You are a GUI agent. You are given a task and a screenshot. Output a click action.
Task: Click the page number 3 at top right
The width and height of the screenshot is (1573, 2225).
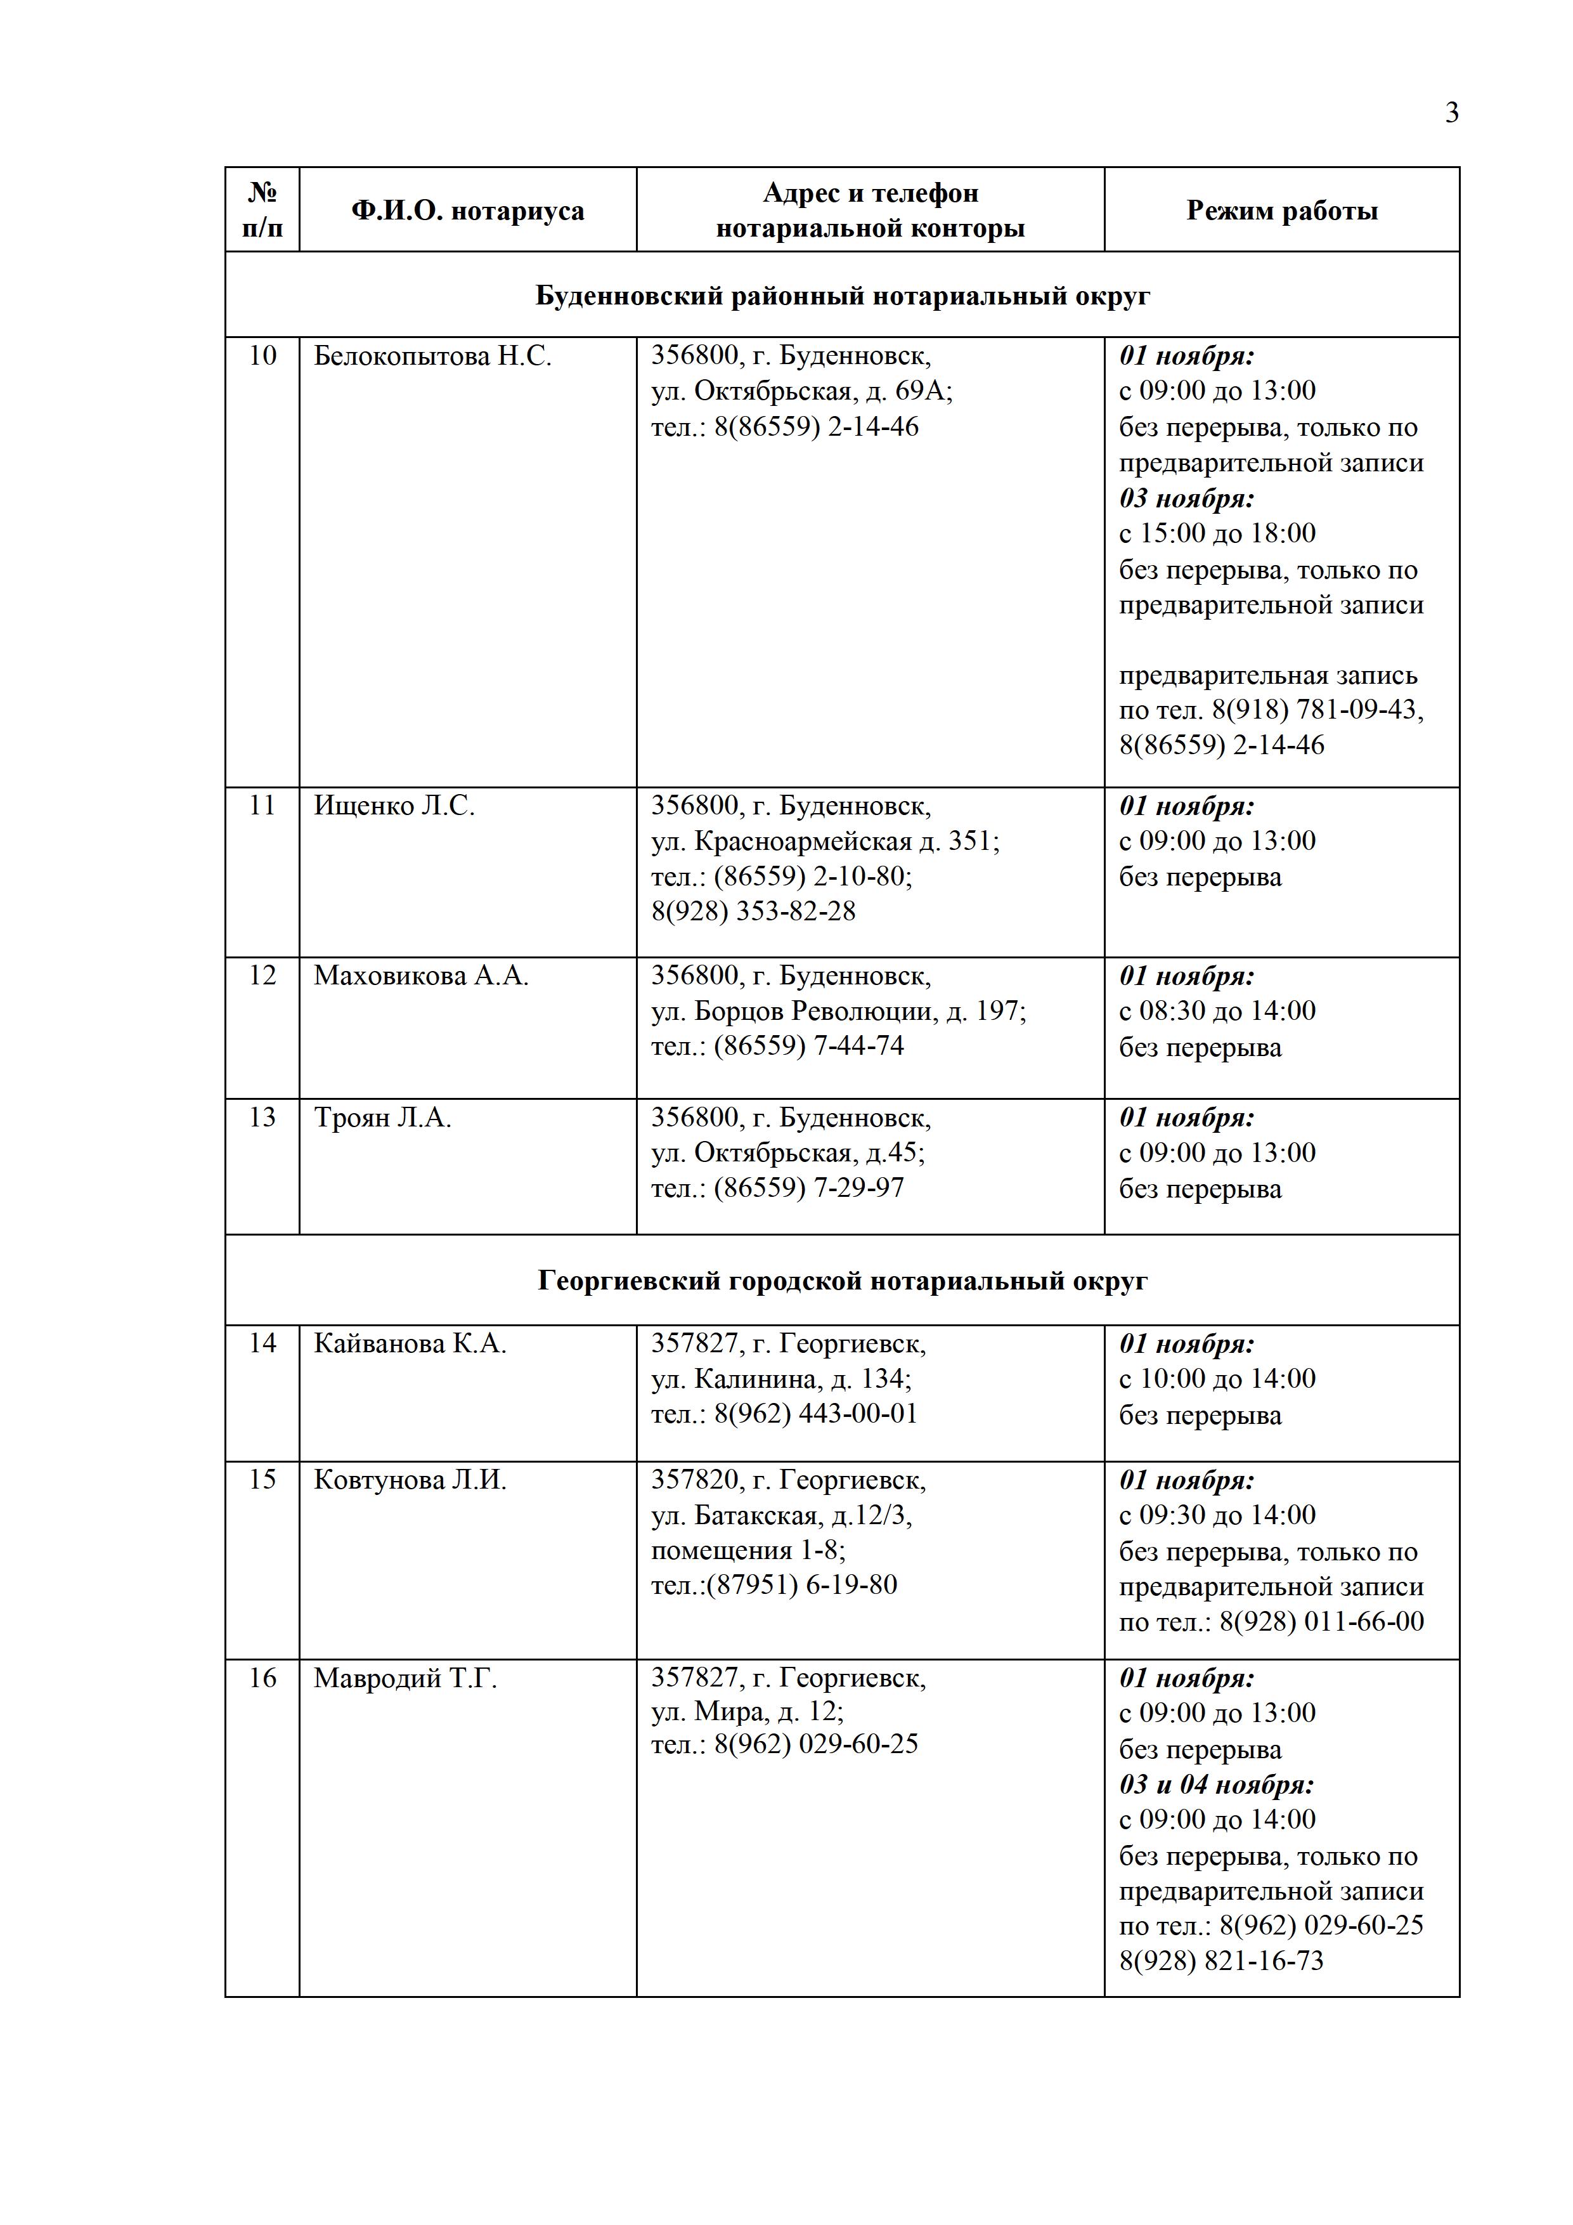pos(1451,114)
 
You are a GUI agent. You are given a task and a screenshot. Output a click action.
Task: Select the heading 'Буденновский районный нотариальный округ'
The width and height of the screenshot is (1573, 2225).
pos(842,296)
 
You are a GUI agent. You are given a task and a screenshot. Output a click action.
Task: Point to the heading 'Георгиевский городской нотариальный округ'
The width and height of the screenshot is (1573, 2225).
pos(842,1281)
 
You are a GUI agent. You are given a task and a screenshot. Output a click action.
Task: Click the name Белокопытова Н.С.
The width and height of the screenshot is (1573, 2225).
pos(432,356)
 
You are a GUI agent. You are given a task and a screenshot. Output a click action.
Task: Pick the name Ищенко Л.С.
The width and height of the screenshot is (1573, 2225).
pos(394,806)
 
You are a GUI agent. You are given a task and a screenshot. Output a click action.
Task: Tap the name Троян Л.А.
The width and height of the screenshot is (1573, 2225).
pos(382,1118)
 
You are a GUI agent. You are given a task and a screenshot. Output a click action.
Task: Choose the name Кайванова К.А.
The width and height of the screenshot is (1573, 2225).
pos(410,1344)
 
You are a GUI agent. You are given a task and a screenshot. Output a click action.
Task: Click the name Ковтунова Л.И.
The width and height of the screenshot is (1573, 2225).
pos(410,1481)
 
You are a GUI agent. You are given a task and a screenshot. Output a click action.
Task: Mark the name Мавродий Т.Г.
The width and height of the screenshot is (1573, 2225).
pos(405,1678)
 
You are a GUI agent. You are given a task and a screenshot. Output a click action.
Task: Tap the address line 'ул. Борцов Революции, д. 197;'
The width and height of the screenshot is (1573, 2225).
pos(838,1012)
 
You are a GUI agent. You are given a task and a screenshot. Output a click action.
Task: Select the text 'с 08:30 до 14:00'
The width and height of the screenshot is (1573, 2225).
pos(1217,1012)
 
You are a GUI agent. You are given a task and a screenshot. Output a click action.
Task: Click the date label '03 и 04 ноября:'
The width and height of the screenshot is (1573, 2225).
pos(1215,1785)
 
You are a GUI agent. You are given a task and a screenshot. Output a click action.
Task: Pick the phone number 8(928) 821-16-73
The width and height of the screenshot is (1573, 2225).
pos(1220,1961)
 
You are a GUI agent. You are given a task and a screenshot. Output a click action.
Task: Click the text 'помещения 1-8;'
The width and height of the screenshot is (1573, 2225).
pos(748,1551)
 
